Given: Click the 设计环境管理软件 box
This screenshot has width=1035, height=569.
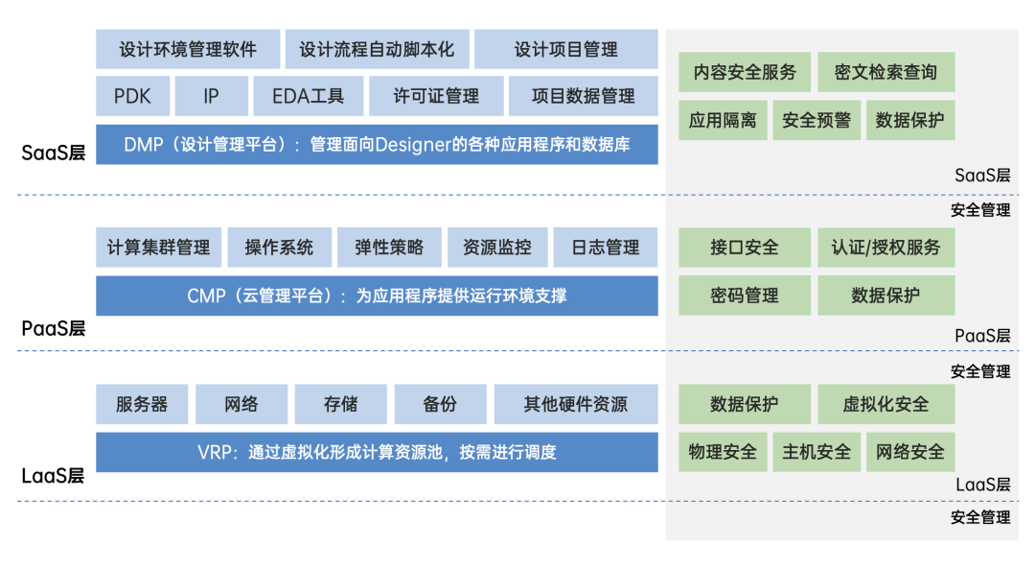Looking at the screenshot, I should pyautogui.click(x=188, y=49).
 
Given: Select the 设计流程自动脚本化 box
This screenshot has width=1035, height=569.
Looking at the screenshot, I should pyautogui.click(x=377, y=49).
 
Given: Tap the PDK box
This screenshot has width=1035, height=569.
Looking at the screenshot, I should pyautogui.click(x=132, y=96).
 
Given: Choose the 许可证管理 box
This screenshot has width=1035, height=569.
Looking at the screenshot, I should pyautogui.click(x=436, y=96).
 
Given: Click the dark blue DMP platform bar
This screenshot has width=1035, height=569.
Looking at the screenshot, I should pyautogui.click(x=377, y=145).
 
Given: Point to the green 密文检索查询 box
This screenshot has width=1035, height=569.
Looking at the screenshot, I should pyautogui.click(x=885, y=72).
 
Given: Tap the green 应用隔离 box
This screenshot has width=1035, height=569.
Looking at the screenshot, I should pyautogui.click(x=723, y=121).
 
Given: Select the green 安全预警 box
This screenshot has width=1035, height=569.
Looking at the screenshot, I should pyautogui.click(x=816, y=121).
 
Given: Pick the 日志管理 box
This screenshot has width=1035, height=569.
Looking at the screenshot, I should pyautogui.click(x=606, y=248).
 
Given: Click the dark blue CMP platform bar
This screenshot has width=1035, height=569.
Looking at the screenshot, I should pyautogui.click(x=377, y=296).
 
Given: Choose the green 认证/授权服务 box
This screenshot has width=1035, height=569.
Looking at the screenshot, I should pyautogui.click(x=885, y=248).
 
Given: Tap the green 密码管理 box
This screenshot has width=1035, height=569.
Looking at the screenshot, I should pyautogui.click(x=745, y=296).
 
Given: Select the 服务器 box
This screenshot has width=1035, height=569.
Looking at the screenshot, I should pyautogui.click(x=142, y=404).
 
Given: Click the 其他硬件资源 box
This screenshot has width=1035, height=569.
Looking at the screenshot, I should pyautogui.click(x=576, y=404).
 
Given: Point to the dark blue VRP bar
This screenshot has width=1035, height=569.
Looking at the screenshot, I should pyautogui.click(x=377, y=452).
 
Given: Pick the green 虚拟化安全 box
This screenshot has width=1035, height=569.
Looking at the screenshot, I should pyautogui.click(x=885, y=404).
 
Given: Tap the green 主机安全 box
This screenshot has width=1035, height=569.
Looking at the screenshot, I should pyautogui.click(x=816, y=452).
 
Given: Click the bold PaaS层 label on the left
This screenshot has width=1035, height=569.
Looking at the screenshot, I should pyautogui.click(x=54, y=329).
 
